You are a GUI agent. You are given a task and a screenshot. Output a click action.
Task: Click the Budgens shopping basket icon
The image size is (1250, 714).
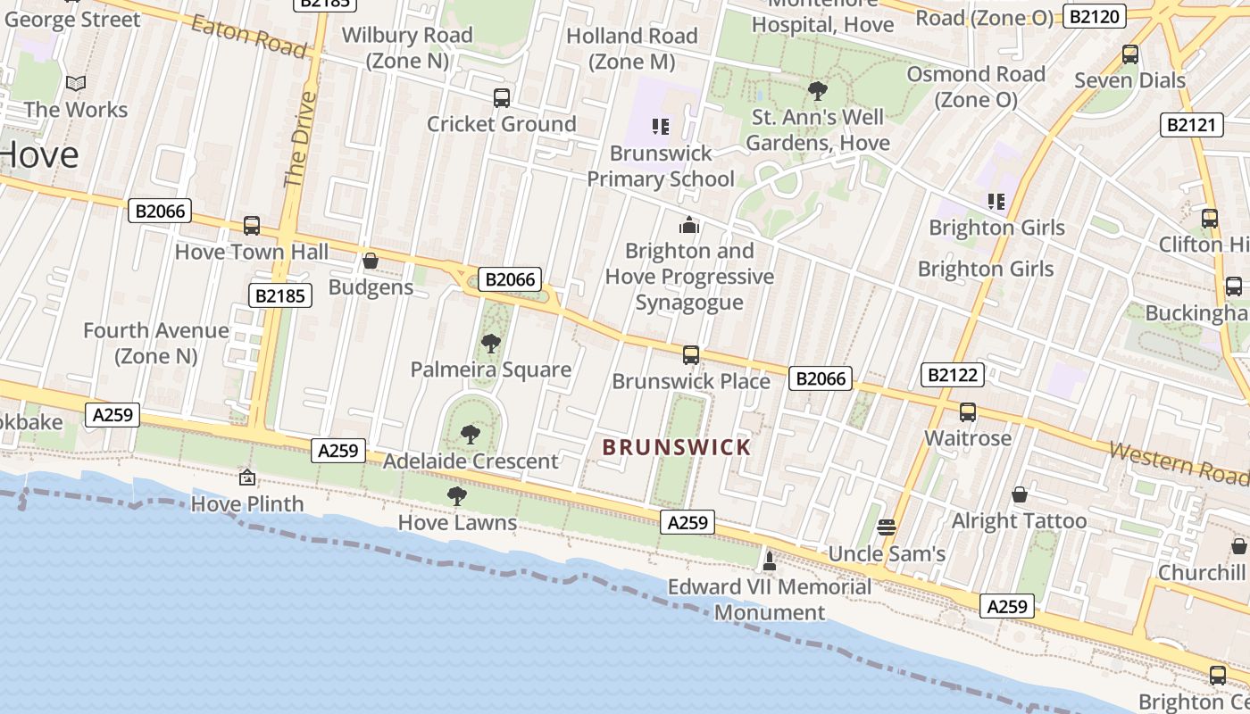(371, 261)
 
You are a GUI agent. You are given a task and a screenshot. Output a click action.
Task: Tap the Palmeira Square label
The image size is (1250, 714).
(490, 369)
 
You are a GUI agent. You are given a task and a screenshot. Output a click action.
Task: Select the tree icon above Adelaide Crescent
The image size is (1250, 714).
(470, 435)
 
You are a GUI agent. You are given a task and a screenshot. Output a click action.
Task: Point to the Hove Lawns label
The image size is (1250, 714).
(457, 522)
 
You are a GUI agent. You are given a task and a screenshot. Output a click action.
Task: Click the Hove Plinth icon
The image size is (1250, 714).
(247, 478)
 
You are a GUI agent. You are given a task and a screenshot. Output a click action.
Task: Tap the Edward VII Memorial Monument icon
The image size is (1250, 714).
(769, 561)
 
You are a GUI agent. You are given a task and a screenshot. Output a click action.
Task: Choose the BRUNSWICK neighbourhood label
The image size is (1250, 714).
(676, 447)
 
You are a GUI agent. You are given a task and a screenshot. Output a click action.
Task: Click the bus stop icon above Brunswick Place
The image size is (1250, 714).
(691, 355)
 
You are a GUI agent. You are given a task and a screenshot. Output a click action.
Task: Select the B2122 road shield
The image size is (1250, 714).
(952, 375)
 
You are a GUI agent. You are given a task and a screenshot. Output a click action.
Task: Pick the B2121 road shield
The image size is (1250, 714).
(1192, 125)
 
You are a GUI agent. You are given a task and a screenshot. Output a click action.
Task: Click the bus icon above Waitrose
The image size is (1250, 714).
(968, 412)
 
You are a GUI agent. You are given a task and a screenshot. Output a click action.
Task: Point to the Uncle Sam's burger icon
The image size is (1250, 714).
(886, 527)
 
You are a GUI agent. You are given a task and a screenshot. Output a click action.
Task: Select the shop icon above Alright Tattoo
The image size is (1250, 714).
(1020, 494)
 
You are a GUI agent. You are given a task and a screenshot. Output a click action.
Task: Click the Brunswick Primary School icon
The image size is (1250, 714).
(661, 127)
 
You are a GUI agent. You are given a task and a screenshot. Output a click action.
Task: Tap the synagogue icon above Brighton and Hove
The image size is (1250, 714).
(689, 225)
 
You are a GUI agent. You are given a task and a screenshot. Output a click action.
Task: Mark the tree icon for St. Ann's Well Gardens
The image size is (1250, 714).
(817, 90)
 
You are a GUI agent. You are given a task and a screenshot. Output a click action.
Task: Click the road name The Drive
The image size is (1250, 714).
(300, 138)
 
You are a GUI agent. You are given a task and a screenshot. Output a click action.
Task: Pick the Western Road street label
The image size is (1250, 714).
(1178, 462)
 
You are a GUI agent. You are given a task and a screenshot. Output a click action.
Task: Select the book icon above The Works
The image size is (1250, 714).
(76, 84)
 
